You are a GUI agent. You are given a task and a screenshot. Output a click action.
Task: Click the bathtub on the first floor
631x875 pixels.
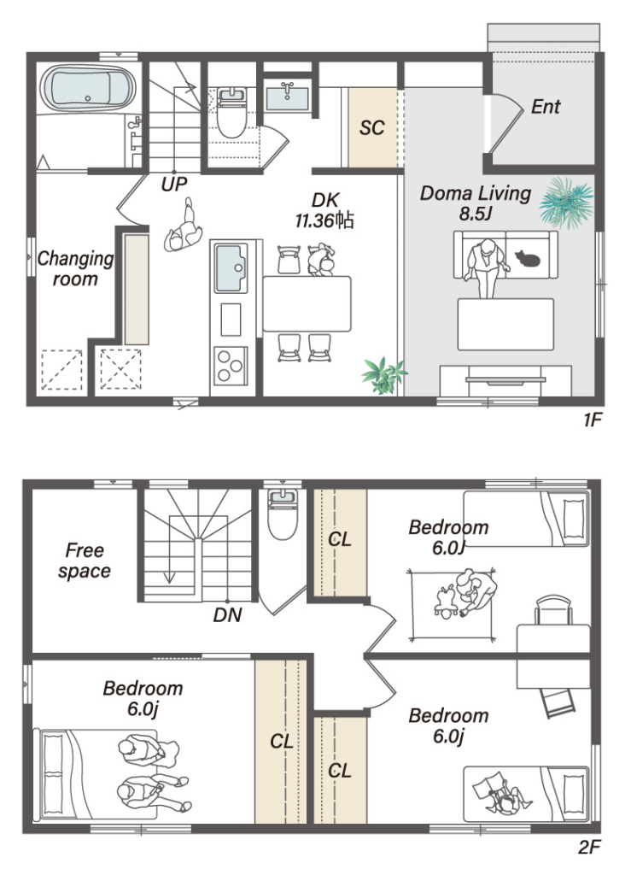89,88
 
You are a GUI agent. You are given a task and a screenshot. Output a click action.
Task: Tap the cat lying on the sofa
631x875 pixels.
528,258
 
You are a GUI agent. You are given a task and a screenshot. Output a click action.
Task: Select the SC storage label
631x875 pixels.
371,128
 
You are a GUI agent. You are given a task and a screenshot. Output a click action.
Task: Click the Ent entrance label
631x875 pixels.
545,106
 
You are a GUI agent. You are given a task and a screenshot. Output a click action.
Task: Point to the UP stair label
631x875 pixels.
174,184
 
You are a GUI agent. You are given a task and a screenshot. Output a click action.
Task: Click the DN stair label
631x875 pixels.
227,615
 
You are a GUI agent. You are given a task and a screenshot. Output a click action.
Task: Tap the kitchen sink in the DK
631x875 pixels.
231,267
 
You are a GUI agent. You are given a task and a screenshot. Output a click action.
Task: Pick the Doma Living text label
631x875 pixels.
476,193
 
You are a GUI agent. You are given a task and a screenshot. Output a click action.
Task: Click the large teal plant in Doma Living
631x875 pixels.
566,203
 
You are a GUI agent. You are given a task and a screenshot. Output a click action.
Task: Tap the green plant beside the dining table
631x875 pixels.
384,376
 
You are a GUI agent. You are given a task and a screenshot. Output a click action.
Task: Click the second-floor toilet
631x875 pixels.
283,514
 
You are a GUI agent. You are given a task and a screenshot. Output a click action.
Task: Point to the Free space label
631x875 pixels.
85,561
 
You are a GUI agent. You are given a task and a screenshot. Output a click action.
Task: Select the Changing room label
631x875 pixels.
75,268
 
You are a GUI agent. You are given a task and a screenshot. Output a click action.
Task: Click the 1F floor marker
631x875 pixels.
593,420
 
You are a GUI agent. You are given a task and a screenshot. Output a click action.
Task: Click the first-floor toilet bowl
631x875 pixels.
231,115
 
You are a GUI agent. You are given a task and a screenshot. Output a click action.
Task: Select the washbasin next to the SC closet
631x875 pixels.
287,97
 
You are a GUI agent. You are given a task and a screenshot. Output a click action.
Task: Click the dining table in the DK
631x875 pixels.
307,303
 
